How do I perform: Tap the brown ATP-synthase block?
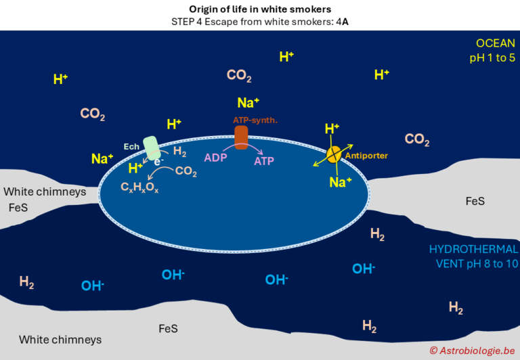point(241,136)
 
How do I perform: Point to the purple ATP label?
point(264,161)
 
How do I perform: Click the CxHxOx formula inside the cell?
point(139,189)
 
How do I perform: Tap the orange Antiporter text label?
point(366,156)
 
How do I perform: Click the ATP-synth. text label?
point(251,120)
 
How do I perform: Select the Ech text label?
point(131,145)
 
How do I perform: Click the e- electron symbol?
point(158,162)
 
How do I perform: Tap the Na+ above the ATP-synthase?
point(248,104)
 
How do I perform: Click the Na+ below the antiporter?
point(340,182)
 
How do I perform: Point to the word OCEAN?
point(496,43)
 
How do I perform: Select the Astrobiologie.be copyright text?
point(472,350)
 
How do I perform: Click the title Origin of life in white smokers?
point(259,9)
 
